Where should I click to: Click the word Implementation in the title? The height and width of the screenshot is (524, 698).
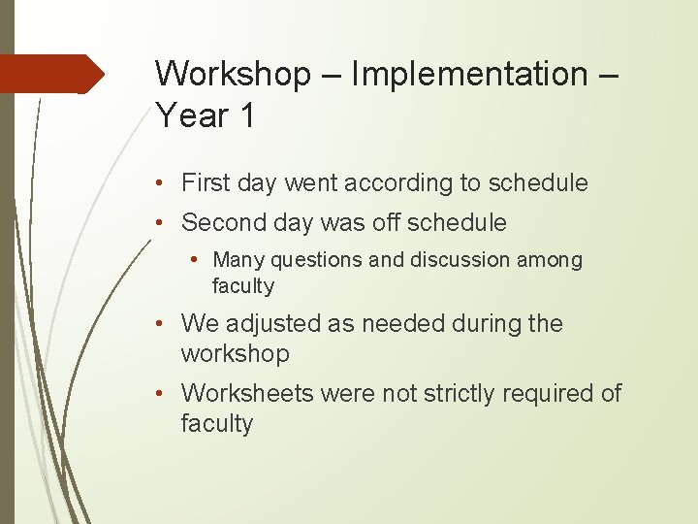(468, 74)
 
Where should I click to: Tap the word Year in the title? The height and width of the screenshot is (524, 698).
(192, 116)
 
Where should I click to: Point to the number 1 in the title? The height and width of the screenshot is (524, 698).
(246, 116)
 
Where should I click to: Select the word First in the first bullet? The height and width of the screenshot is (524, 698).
(205, 183)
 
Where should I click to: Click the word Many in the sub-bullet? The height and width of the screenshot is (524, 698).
(238, 260)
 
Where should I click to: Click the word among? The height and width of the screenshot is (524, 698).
(551, 260)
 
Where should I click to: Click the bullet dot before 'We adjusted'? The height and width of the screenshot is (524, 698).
(166, 324)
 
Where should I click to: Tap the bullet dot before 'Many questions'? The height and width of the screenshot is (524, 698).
(198, 260)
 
